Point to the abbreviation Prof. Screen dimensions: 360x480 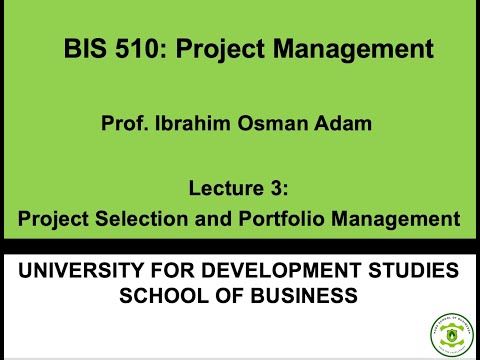(123, 125)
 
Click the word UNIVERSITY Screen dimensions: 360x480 (85, 271)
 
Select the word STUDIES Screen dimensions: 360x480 (416, 271)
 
